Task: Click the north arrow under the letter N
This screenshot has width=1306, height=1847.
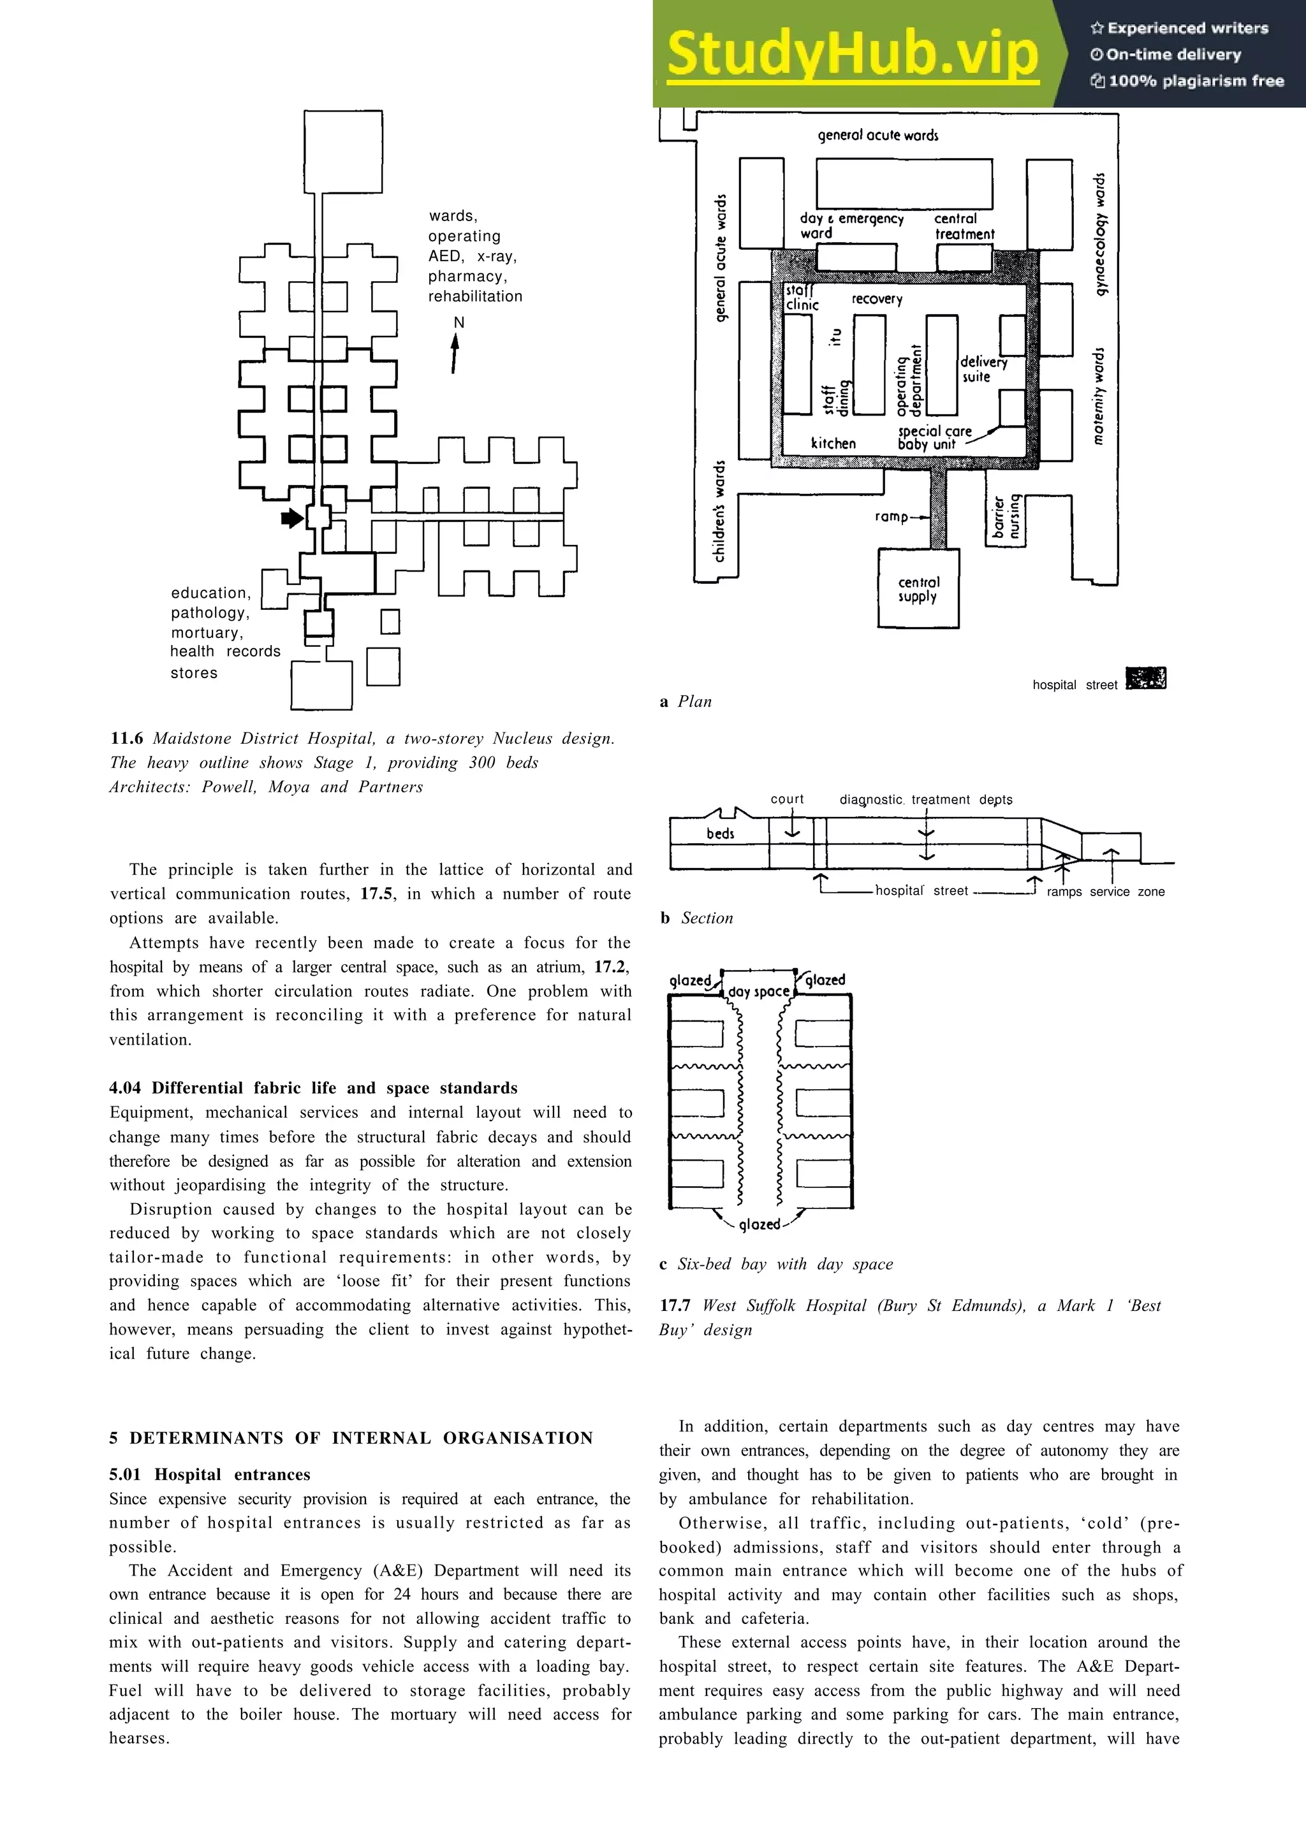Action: click(x=455, y=354)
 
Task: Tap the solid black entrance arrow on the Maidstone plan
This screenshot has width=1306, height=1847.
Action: click(x=292, y=518)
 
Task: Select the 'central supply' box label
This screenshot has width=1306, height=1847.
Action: click(x=918, y=589)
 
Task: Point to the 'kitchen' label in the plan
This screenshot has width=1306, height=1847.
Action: click(x=833, y=443)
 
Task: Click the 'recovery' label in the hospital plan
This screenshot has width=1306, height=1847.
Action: click(x=876, y=300)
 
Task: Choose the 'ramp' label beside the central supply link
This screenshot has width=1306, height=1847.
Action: click(x=891, y=516)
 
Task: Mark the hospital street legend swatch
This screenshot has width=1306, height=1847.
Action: click(x=1146, y=678)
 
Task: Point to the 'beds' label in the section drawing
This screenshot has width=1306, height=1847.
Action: click(x=720, y=834)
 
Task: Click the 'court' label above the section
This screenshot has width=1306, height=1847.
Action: click(x=787, y=799)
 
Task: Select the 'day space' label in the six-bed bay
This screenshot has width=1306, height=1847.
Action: click(x=758, y=992)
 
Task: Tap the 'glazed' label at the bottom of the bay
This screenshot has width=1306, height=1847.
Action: click(x=759, y=1224)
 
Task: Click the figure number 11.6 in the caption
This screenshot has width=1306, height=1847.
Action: click(x=126, y=739)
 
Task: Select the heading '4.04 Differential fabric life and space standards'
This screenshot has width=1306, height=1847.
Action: click(x=313, y=1087)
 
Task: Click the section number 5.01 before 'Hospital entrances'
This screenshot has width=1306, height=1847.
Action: click(x=125, y=1475)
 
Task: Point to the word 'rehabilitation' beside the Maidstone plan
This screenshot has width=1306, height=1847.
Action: click(x=474, y=296)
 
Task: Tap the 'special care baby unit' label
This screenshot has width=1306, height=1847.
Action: click(x=934, y=438)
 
